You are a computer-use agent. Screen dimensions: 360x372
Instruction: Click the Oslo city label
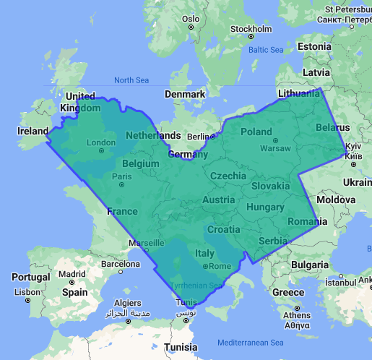191,19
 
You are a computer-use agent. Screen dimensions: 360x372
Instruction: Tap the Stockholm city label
251,29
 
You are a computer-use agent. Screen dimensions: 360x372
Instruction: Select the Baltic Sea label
266,50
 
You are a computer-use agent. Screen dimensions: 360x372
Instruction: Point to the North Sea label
130,80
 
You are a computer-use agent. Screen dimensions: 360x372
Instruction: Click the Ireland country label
33,131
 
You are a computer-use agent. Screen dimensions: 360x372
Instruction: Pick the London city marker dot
101,152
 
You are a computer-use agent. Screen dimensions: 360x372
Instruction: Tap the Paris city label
121,176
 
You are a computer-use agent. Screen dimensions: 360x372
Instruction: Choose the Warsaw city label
274,148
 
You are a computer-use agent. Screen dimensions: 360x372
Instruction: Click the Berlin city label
196,137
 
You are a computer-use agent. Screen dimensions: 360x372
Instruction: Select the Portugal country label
31,278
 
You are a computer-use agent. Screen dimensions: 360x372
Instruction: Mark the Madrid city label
72,274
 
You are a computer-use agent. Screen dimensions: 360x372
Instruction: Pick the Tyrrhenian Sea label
195,286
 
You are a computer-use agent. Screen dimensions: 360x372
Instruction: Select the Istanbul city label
341,283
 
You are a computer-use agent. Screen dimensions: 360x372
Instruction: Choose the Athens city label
297,315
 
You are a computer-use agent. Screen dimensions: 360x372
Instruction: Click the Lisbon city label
27,292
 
